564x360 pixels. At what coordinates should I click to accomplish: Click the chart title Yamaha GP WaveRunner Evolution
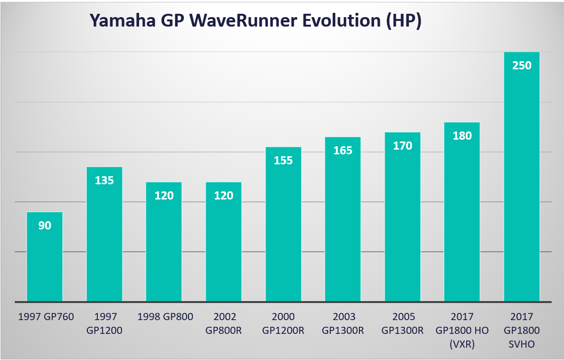click(x=255, y=21)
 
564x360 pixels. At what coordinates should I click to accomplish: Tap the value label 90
click(x=45, y=226)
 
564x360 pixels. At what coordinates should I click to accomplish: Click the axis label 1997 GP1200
click(x=104, y=323)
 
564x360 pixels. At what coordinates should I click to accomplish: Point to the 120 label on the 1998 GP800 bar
click(x=164, y=195)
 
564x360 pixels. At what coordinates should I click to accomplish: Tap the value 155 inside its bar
click(x=283, y=161)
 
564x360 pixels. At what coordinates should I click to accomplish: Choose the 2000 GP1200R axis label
click(x=283, y=323)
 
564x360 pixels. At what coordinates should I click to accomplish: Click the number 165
click(x=343, y=151)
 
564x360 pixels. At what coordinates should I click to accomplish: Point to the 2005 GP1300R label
click(x=403, y=323)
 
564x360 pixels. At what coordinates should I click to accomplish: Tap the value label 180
click(x=462, y=136)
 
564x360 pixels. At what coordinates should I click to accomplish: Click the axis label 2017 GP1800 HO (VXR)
click(x=462, y=330)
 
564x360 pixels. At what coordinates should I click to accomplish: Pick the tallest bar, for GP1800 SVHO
click(x=522, y=190)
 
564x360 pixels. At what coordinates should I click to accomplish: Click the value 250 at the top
click(x=522, y=66)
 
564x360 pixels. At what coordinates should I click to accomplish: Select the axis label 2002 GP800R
click(x=224, y=323)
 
